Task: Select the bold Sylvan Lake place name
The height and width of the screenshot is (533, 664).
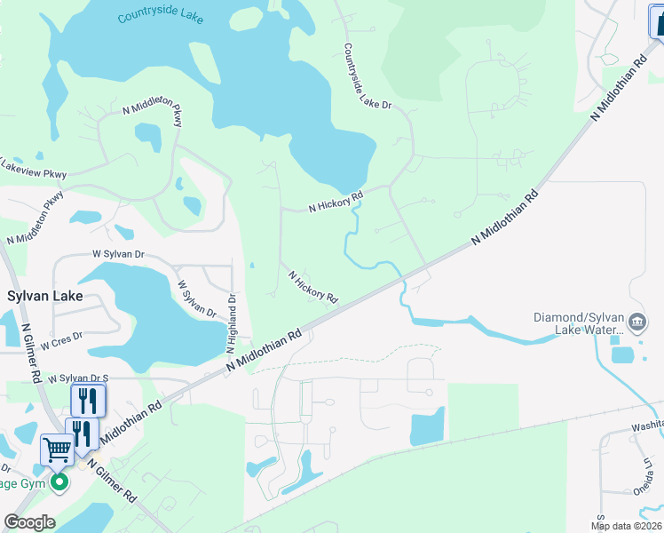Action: tap(45, 296)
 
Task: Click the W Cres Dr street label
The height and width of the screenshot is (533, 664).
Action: tap(61, 337)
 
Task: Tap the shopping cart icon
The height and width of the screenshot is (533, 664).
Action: tap(58, 449)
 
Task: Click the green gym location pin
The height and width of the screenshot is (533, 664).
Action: tap(59, 483)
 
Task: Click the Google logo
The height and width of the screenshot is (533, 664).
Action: tap(29, 522)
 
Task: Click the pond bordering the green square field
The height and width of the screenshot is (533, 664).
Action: tap(427, 427)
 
